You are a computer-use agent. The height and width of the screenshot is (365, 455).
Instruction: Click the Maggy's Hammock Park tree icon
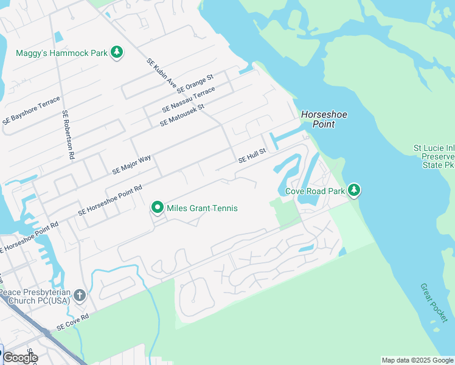[x=117, y=53]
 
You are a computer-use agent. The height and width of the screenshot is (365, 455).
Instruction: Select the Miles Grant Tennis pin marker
[x=158, y=208]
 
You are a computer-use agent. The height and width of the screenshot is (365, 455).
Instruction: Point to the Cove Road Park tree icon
[x=354, y=191]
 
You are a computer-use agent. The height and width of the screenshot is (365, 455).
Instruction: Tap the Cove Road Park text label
[x=315, y=191]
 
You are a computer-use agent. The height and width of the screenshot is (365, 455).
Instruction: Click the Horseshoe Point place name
[x=318, y=119]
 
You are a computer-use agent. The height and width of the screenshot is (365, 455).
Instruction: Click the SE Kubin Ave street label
[x=161, y=72]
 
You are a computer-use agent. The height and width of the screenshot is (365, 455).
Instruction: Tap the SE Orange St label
[x=195, y=84]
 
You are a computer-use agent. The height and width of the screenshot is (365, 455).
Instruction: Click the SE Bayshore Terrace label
[x=31, y=110]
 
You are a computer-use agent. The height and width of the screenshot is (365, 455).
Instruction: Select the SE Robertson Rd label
[x=67, y=134]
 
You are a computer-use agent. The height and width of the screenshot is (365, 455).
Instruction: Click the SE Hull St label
[x=252, y=156]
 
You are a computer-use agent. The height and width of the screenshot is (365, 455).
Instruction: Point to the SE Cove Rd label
[x=73, y=322]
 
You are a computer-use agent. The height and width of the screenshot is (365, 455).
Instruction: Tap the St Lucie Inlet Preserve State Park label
[x=433, y=156]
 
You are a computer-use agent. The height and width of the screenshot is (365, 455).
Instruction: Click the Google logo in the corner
[x=20, y=357]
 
